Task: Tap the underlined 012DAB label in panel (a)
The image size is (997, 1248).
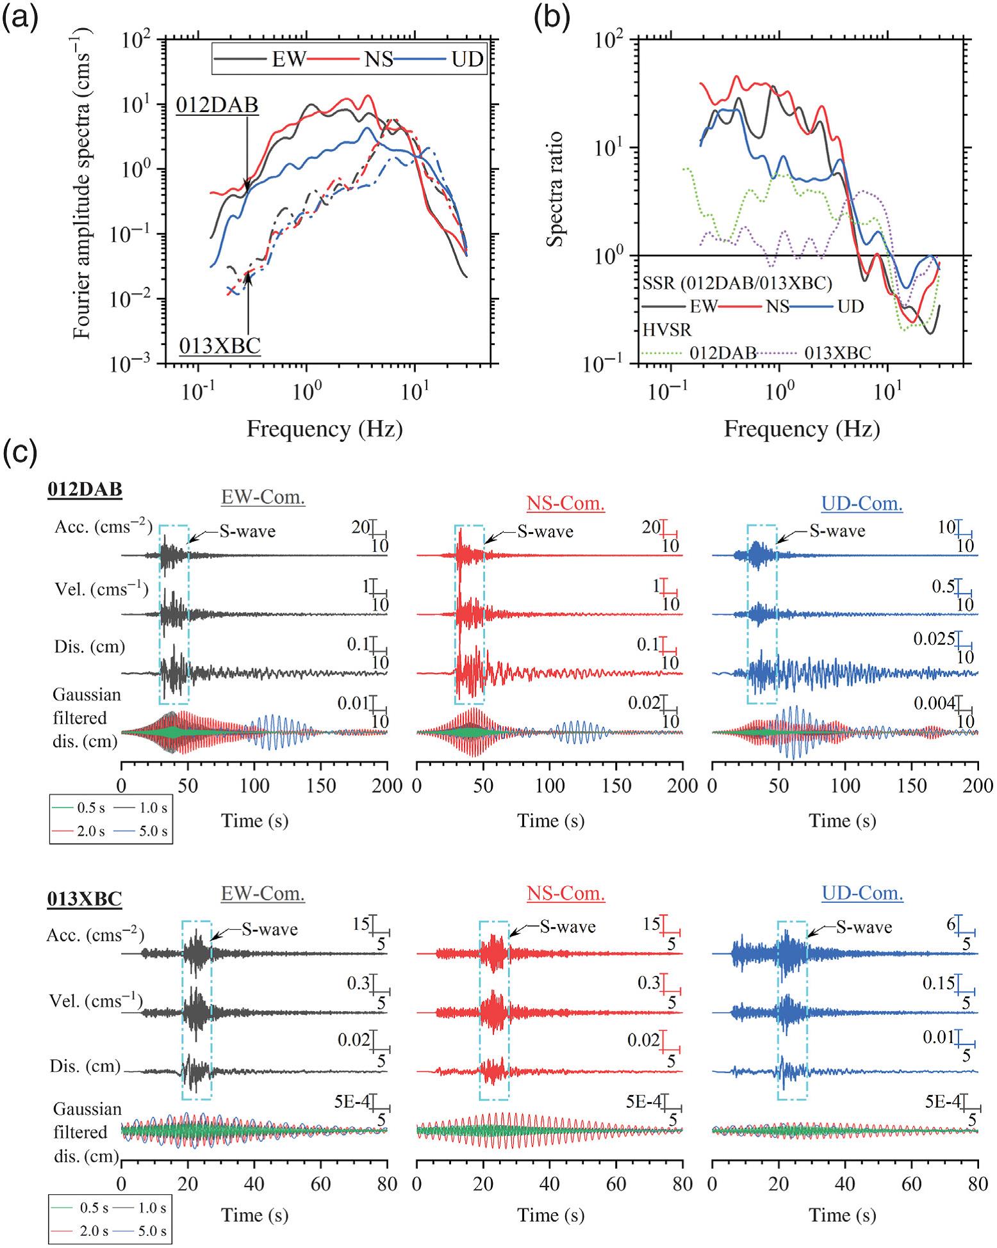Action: pos(218,105)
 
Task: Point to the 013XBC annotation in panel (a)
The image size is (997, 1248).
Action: pos(220,346)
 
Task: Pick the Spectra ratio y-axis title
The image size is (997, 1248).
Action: pos(555,189)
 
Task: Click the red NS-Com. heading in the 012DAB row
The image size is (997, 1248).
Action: pos(566,504)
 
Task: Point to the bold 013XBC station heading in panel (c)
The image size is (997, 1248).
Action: pos(84,899)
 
